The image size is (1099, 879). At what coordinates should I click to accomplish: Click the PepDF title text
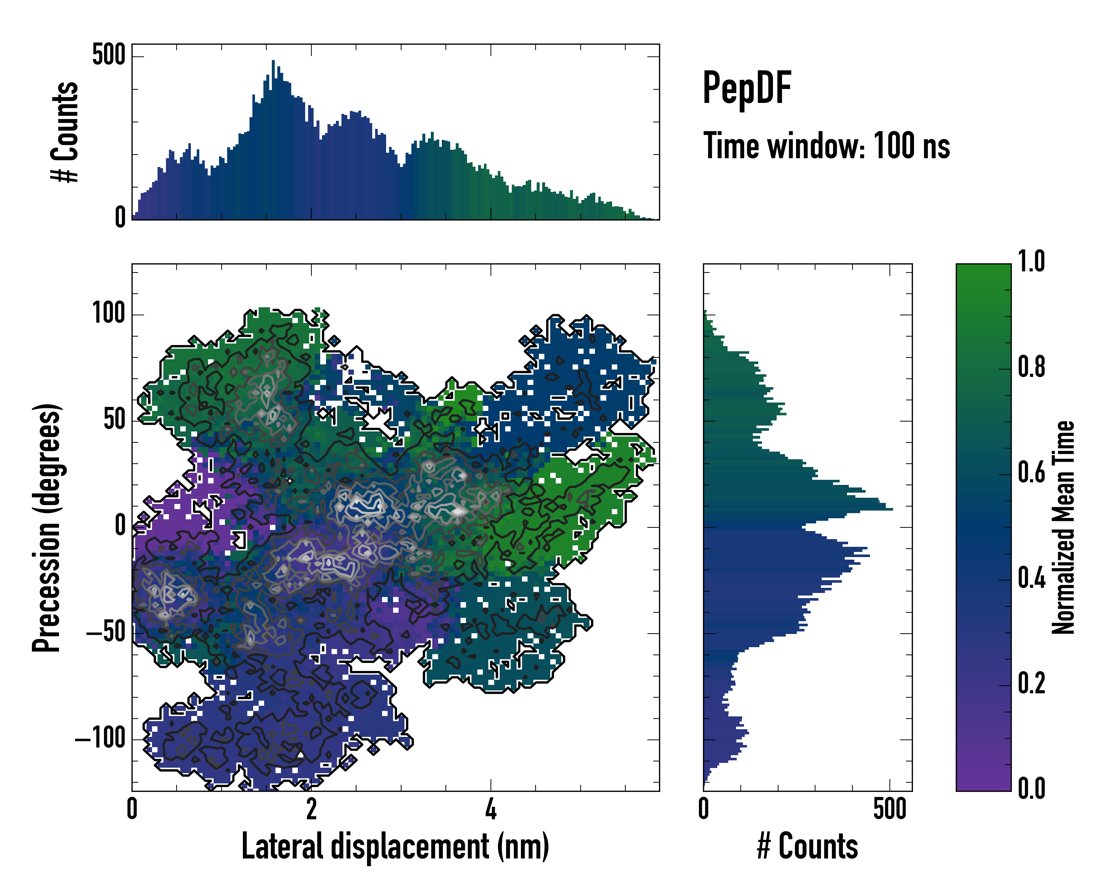pos(746,88)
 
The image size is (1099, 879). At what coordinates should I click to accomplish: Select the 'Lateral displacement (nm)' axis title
pos(395,846)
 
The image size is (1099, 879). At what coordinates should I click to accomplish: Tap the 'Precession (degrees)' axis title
pos(47,527)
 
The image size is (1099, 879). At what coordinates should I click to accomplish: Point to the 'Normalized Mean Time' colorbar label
pos(1063,527)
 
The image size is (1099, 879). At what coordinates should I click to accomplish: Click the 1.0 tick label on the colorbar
pos(1031,262)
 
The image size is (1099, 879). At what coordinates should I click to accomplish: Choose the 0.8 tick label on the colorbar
pos(1031,367)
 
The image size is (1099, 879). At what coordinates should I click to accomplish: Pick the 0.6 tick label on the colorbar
pos(1031,472)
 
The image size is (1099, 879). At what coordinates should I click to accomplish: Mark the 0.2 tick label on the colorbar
pos(1031,683)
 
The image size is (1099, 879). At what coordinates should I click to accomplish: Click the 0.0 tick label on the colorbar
pos(1031,788)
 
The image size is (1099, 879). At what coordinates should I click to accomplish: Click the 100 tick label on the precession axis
pos(108,313)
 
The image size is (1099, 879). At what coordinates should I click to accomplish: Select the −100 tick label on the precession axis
pos(100,738)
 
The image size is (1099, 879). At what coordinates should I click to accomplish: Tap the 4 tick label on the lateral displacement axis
pos(491,809)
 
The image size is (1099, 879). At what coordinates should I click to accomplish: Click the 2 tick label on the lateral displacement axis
pos(311,809)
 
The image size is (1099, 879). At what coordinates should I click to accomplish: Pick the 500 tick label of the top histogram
pos(108,55)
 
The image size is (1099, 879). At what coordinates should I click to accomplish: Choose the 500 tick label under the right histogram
pos(889,809)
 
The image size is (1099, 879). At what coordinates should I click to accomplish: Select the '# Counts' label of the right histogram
pos(807,846)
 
